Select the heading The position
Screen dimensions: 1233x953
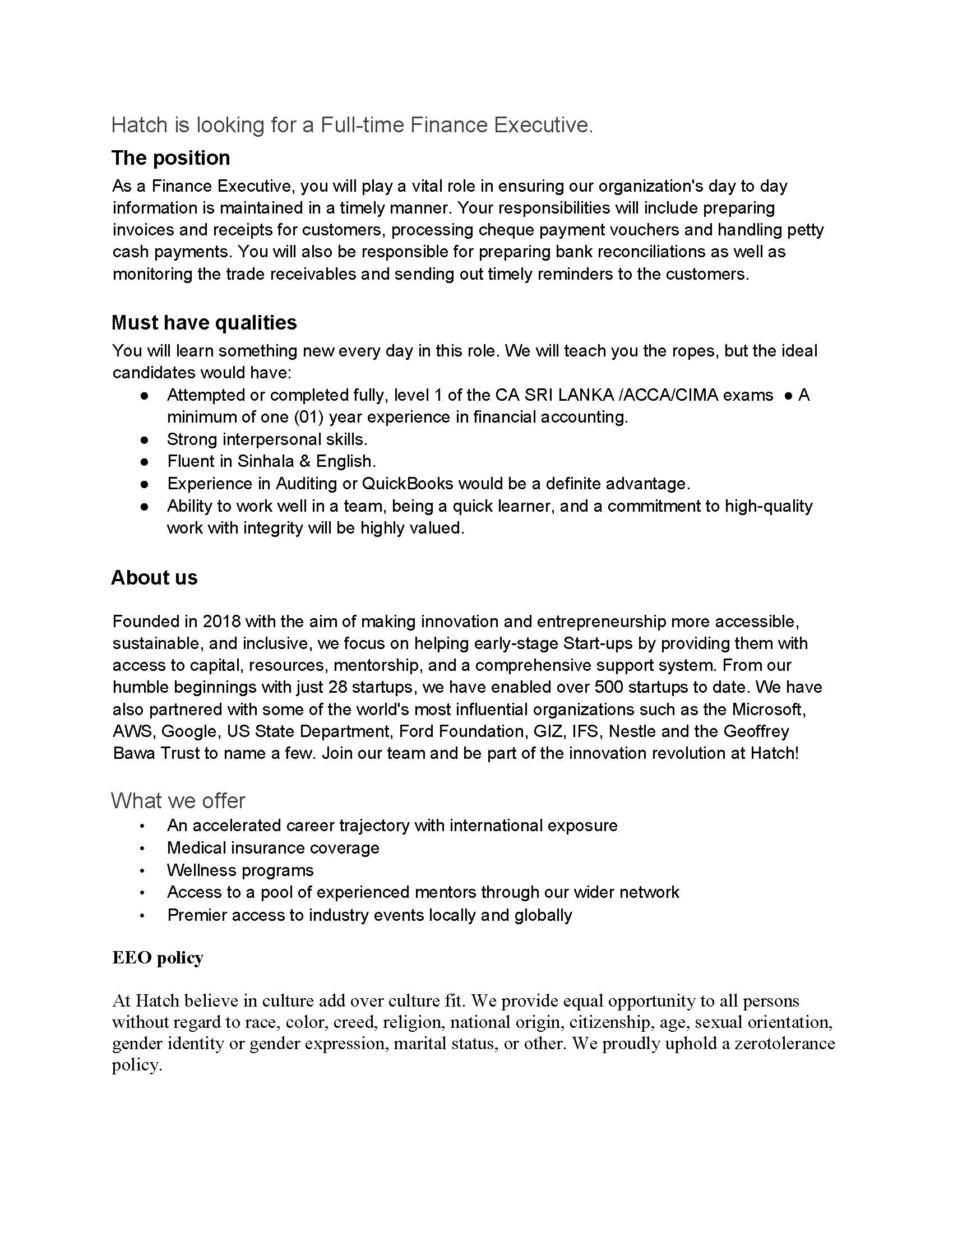[x=170, y=157]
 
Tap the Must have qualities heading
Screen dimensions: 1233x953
[x=204, y=322]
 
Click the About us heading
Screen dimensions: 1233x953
[x=154, y=577]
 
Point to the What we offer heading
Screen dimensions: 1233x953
[x=178, y=800]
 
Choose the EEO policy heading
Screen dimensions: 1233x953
[x=158, y=957]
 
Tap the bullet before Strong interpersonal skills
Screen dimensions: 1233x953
[x=145, y=439]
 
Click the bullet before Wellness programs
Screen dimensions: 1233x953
[x=142, y=871]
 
